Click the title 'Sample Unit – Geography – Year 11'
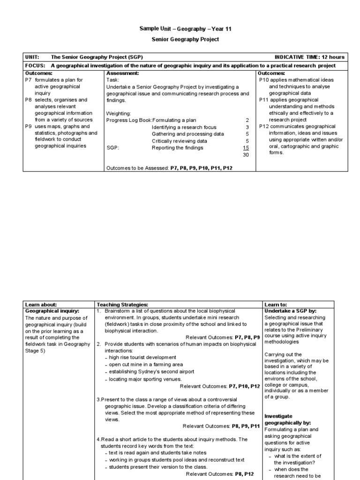point(185,29)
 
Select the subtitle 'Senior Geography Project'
point(185,39)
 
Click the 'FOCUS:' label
point(34,66)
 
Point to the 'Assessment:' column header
point(122,73)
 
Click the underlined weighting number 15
point(246,148)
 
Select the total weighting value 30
point(246,154)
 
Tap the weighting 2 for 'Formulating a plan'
point(247,120)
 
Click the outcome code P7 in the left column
point(28,80)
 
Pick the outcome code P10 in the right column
point(264,80)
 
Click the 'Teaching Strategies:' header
point(122,305)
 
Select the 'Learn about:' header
point(41,305)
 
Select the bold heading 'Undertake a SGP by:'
point(290,311)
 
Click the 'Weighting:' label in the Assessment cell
point(119,113)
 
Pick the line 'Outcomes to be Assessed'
point(169,167)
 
